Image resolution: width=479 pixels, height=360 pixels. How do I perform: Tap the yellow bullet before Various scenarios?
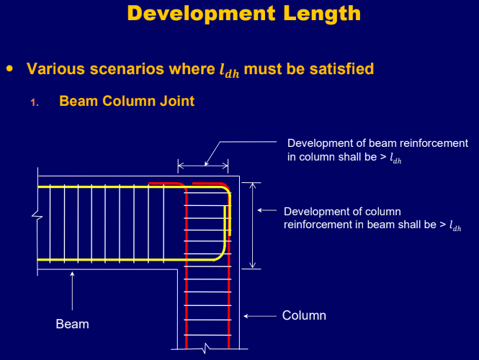coord(9,68)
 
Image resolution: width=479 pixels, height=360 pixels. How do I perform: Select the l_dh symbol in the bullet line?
coord(230,70)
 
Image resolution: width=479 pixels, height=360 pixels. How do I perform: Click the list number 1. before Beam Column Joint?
coord(34,102)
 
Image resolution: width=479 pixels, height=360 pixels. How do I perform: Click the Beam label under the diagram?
coord(73,324)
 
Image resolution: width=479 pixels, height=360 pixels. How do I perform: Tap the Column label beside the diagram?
coord(304,315)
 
